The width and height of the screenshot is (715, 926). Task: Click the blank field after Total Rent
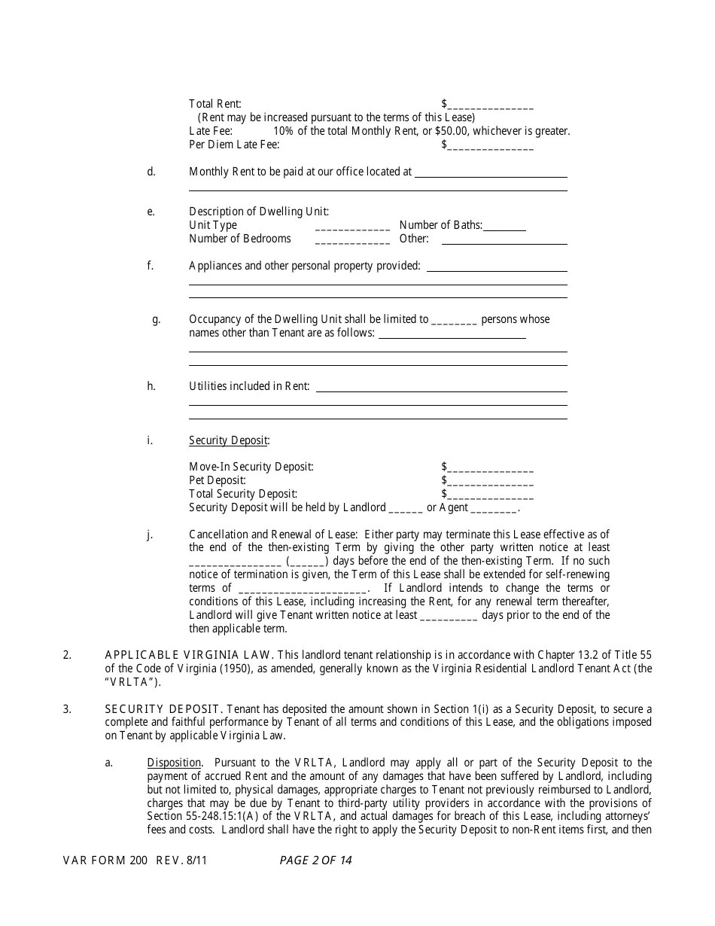tap(491, 105)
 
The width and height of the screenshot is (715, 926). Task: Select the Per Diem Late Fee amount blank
tap(491, 145)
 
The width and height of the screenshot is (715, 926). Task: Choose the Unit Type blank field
tap(352, 226)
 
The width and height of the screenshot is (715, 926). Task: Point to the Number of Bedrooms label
tap(239, 239)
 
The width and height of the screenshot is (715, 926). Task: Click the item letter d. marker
tap(151, 172)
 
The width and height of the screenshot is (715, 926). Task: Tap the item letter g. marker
tap(157, 319)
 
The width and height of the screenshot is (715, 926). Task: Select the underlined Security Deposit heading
tap(228, 440)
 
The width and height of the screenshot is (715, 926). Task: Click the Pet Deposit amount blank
tap(491, 481)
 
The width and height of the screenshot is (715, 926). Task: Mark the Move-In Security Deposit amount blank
tap(491, 468)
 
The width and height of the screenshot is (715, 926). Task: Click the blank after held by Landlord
tap(406, 508)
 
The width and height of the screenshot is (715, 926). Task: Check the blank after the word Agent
tap(494, 508)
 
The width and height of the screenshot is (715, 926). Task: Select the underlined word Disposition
tap(174, 763)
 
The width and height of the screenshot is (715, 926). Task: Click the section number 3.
tap(67, 709)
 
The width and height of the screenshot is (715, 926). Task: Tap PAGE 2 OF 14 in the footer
tap(315, 861)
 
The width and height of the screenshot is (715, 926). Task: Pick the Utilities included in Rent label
tap(248, 386)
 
